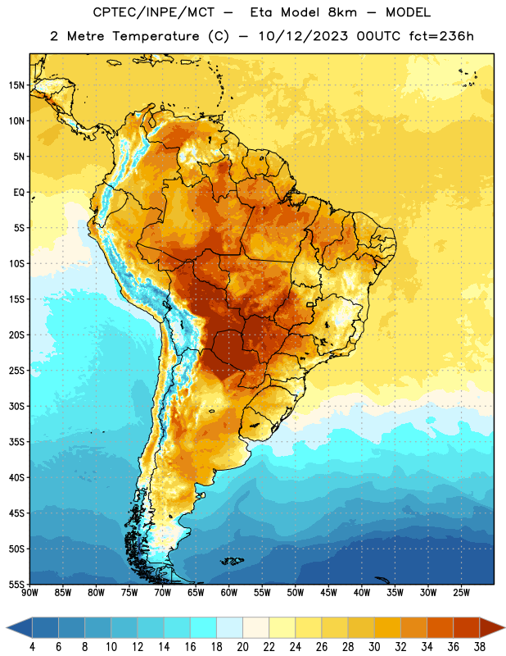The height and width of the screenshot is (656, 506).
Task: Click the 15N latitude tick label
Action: tap(16, 85)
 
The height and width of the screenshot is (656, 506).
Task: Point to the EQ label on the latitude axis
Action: tap(19, 193)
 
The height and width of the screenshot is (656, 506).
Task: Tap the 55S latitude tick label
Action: tap(16, 584)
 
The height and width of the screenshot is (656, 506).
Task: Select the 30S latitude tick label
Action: tap(16, 406)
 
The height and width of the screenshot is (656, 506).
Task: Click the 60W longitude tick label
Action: tap(229, 593)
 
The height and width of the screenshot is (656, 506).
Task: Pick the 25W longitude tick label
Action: tap(461, 593)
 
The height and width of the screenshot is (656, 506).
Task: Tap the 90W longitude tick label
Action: tap(29, 593)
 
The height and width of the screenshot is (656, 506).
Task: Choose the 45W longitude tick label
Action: tap(328, 593)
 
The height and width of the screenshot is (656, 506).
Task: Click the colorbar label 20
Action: tap(242, 647)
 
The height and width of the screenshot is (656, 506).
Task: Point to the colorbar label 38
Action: tap(479, 647)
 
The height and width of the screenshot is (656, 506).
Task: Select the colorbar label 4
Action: tap(32, 647)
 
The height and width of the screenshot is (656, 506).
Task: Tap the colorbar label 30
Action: tap(374, 647)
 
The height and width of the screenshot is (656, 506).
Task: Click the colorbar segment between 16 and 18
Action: tap(204, 627)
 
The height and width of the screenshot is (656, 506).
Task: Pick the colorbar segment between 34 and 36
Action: tap(440, 627)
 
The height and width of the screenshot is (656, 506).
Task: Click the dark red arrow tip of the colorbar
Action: tap(504, 627)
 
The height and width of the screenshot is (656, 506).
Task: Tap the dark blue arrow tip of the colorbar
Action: tap(7, 627)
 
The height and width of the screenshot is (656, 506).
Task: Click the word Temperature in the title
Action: tap(156, 36)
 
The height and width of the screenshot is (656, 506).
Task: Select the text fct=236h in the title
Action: tap(441, 36)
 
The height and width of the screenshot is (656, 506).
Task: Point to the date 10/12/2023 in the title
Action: tap(303, 36)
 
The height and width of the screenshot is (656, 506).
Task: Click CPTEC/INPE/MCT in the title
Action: tap(153, 12)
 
